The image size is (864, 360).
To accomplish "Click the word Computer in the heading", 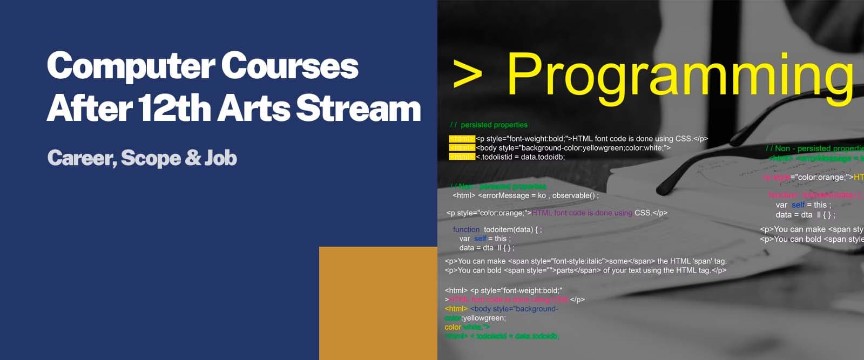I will (130, 66).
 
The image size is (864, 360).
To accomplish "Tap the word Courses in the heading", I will (289, 66).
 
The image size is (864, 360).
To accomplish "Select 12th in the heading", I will (174, 108).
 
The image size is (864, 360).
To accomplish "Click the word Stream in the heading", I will (359, 108).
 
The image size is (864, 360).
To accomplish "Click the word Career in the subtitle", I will (81, 158).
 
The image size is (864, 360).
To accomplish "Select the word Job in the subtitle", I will (221, 158).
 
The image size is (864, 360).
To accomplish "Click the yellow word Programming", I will (679, 76).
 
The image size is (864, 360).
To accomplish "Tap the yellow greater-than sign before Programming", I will (468, 76).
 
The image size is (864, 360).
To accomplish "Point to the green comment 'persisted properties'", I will (494, 125).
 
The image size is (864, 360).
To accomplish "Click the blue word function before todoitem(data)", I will (466, 229).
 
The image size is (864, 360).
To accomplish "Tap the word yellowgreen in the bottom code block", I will (484, 318).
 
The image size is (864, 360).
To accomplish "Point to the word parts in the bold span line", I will (568, 270).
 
